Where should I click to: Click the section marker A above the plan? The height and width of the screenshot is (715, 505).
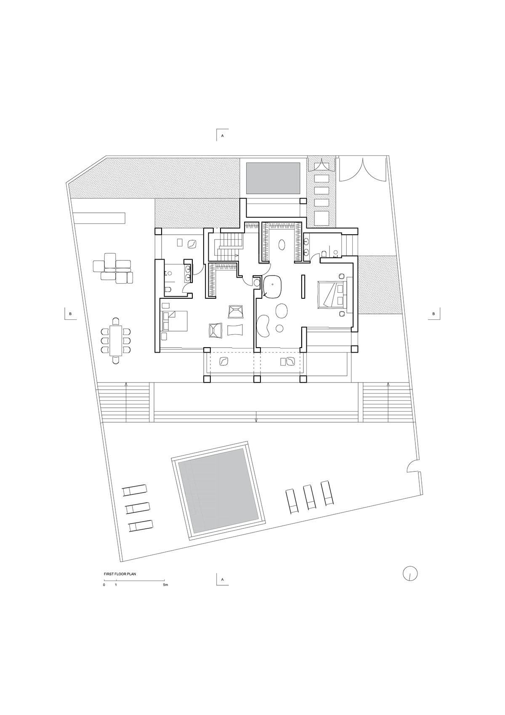click(223, 136)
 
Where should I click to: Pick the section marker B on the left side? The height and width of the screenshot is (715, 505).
click(70, 314)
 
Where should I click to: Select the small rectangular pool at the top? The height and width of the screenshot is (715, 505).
click(273, 178)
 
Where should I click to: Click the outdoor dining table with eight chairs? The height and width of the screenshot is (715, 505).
click(116, 340)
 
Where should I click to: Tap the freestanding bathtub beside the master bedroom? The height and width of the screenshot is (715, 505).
click(273, 287)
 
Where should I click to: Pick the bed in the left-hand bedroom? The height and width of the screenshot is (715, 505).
click(175, 321)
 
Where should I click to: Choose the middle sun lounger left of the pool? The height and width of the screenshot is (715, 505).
click(138, 508)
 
